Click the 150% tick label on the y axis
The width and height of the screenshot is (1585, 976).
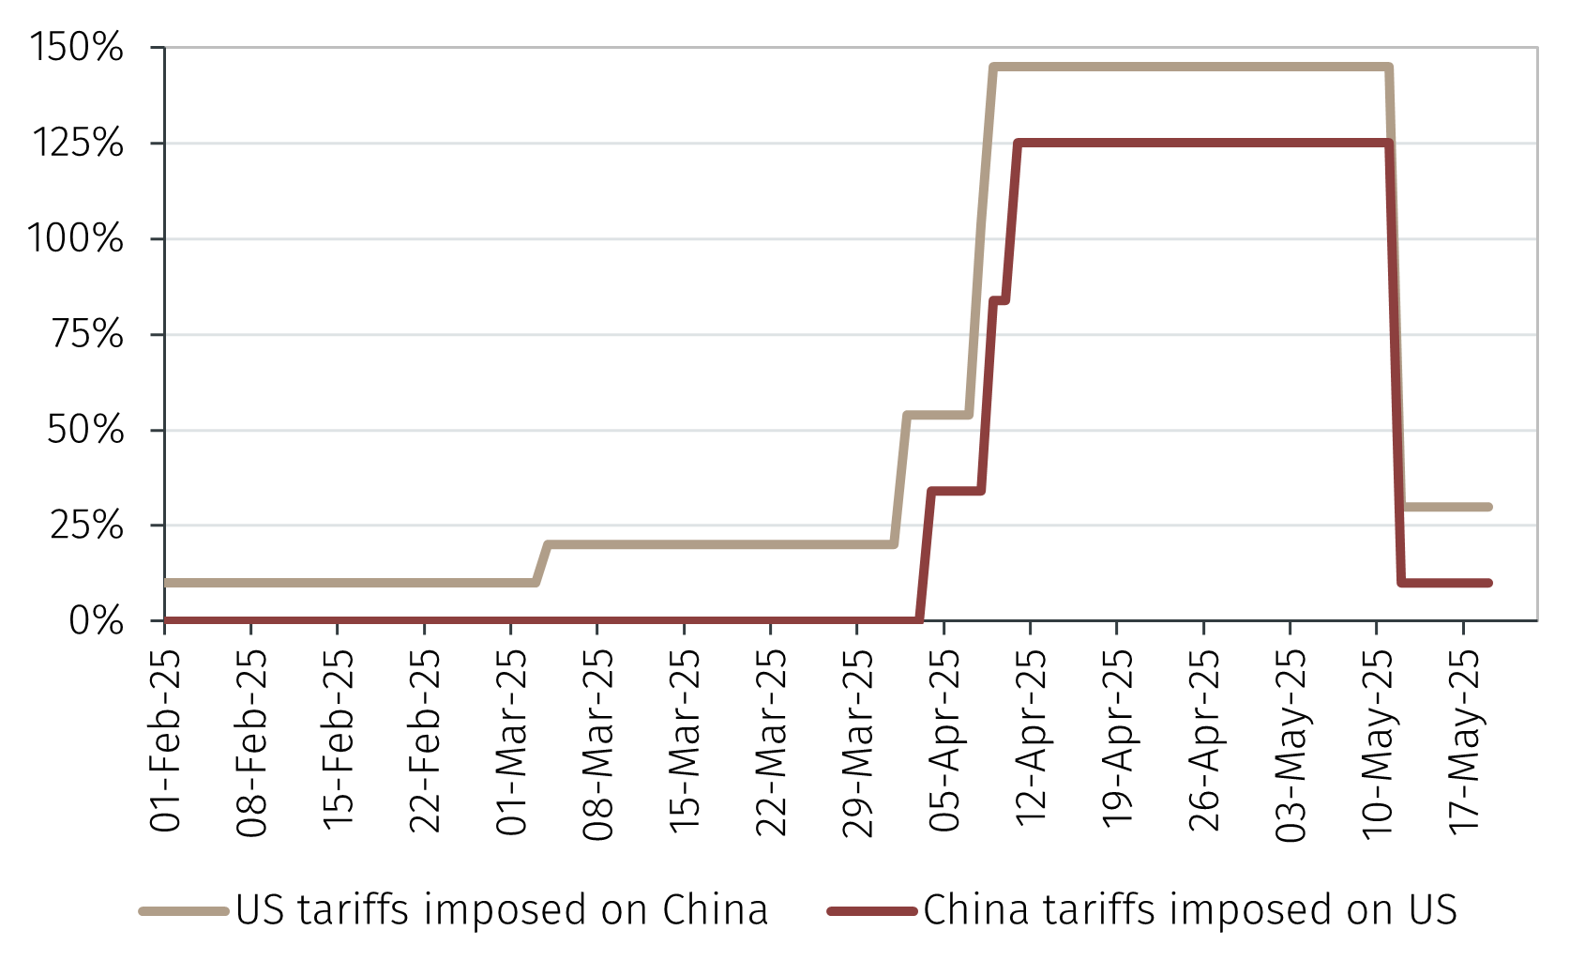coord(77,47)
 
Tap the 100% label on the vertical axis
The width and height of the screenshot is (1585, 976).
coord(75,238)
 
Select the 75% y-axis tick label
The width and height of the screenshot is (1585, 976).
coord(87,334)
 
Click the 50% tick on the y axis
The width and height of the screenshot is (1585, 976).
coord(85,430)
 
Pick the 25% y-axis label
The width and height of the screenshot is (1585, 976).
coord(87,526)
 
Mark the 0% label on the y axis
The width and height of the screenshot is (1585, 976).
coord(97,621)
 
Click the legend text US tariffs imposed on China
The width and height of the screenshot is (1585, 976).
coord(502,910)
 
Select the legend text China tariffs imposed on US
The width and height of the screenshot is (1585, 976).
coord(1190,910)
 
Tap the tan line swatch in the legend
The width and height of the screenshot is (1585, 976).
coord(184,911)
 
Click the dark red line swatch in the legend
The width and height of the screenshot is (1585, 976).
coord(872,911)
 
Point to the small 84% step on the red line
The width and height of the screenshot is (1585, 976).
coord(999,300)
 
